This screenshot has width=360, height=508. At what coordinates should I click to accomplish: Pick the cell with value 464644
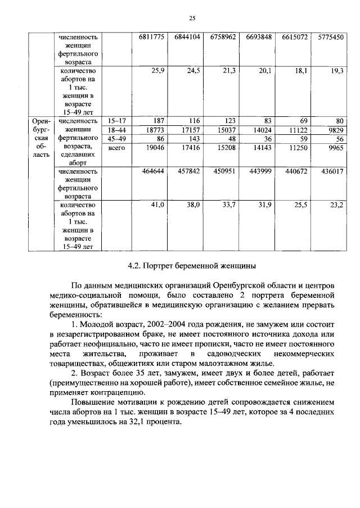pos(152,171)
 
